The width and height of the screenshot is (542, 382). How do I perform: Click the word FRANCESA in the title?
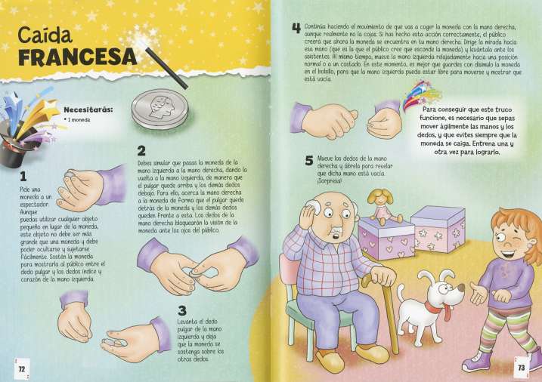click(x=77, y=58)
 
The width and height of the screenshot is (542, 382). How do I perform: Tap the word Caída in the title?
click(x=49, y=34)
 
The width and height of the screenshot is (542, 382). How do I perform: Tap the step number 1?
click(x=23, y=177)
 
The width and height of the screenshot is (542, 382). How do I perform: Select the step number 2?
click(x=141, y=151)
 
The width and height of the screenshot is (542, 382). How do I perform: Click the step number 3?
click(x=181, y=310)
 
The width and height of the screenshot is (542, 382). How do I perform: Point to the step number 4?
click(x=296, y=29)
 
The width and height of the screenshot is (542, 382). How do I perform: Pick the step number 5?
click(x=308, y=160)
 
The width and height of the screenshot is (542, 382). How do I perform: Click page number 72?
click(x=22, y=368)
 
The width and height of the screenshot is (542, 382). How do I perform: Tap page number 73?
click(x=520, y=367)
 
